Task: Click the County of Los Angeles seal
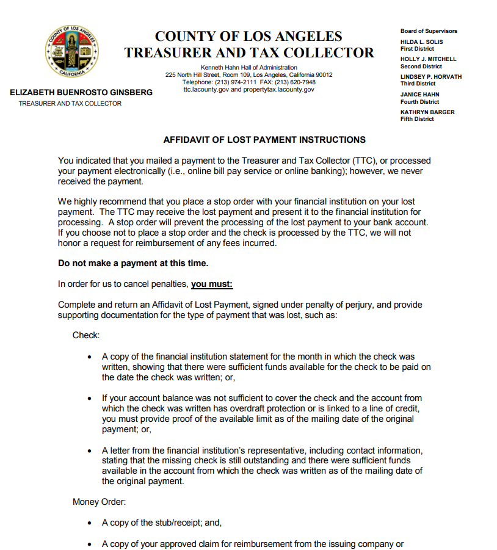coord(72,51)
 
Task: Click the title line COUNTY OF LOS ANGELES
coord(248,36)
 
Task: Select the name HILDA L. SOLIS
coord(421,42)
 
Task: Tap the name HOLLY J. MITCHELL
coord(428,59)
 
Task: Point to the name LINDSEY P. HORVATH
coord(430,77)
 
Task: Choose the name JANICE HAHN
coord(419,95)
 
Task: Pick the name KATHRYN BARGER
coord(427,112)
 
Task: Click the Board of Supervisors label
coord(429,31)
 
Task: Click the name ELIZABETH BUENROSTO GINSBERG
coord(81,93)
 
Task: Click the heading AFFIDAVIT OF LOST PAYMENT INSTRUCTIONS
coord(264,140)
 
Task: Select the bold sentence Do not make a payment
coord(133,264)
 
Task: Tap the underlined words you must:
coord(212,284)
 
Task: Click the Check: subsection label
coord(86,335)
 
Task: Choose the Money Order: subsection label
coord(98,502)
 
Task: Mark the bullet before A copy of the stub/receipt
coord(90,523)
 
